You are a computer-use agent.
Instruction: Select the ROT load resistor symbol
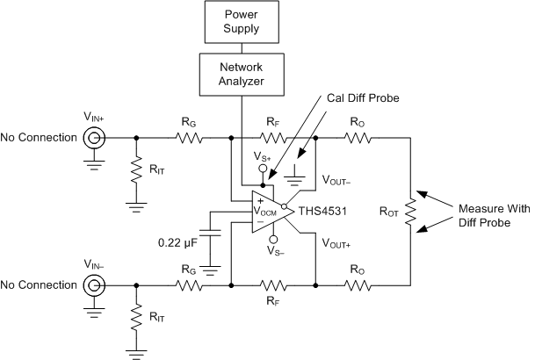(409, 212)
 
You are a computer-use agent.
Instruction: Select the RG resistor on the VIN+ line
(187, 138)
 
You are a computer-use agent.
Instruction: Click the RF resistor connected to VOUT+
(272, 285)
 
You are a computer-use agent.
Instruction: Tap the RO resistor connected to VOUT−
(358, 138)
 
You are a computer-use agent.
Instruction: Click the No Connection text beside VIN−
(38, 285)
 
